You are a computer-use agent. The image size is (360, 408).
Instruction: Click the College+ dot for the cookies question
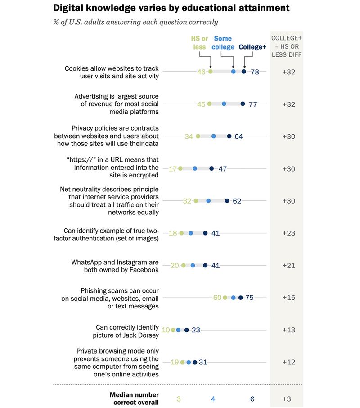click(244, 72)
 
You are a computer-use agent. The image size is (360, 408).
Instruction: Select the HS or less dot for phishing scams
click(225, 298)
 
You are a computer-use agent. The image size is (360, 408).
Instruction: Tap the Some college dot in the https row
click(195, 169)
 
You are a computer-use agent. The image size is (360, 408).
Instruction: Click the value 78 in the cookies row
click(255, 72)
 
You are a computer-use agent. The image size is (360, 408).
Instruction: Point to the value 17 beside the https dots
click(172, 169)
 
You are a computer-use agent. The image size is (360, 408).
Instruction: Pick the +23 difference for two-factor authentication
click(288, 233)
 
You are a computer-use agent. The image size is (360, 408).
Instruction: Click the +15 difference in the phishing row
click(288, 298)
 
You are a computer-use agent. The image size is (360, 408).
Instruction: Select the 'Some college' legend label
click(224, 43)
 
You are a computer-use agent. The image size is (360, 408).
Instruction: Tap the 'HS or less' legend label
click(198, 43)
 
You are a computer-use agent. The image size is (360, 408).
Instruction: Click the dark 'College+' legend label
click(252, 47)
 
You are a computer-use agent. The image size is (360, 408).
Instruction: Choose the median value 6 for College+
click(252, 399)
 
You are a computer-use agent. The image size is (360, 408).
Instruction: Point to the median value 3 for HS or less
click(179, 399)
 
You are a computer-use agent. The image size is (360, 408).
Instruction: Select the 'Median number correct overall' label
click(134, 399)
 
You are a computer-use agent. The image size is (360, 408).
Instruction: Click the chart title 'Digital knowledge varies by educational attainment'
click(171, 8)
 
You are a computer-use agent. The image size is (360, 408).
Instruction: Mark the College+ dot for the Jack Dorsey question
click(186, 330)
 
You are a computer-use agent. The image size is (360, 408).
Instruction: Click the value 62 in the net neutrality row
click(237, 201)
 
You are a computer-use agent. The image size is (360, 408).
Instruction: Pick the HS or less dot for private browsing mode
click(182, 362)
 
